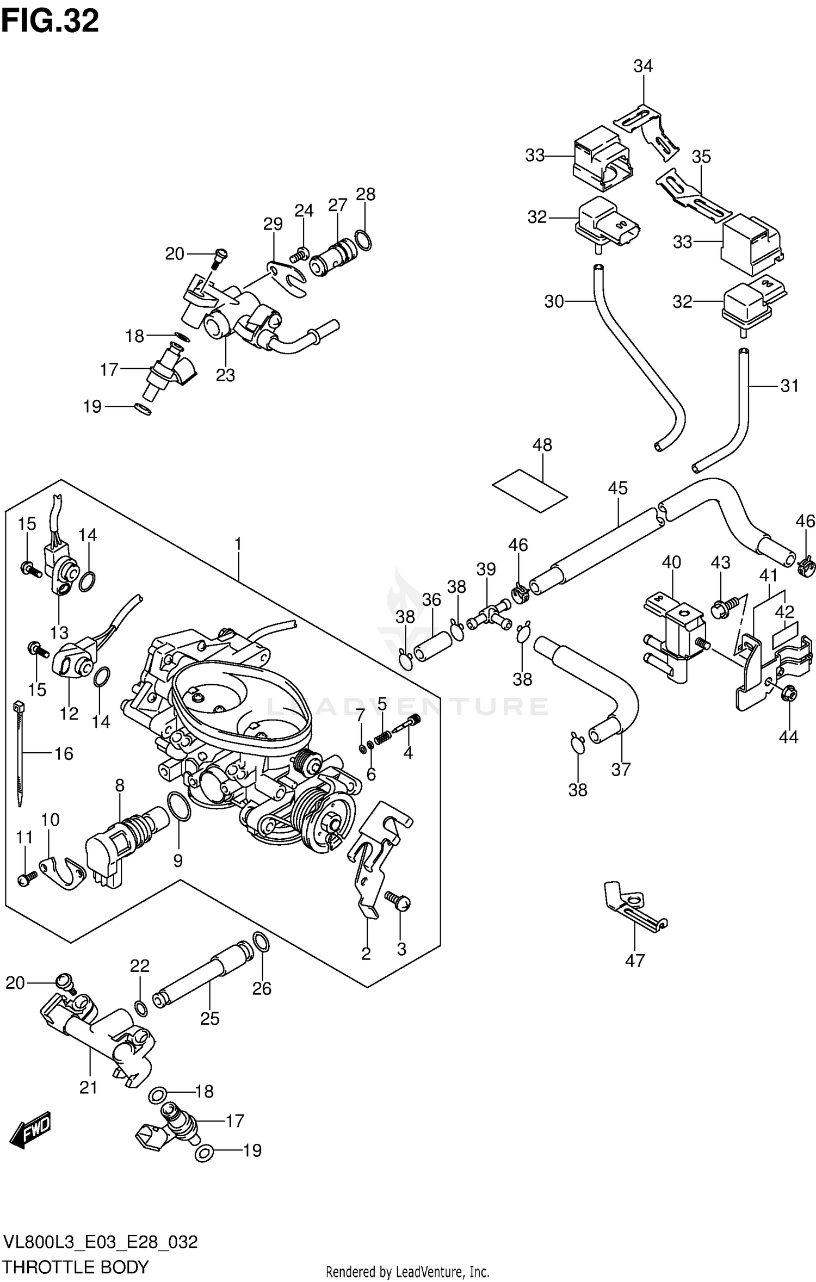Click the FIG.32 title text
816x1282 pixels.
50,22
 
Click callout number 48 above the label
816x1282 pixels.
542,445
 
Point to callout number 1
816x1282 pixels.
238,543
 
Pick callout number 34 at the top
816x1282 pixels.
643,66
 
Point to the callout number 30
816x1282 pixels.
554,301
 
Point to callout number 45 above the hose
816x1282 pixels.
617,488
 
